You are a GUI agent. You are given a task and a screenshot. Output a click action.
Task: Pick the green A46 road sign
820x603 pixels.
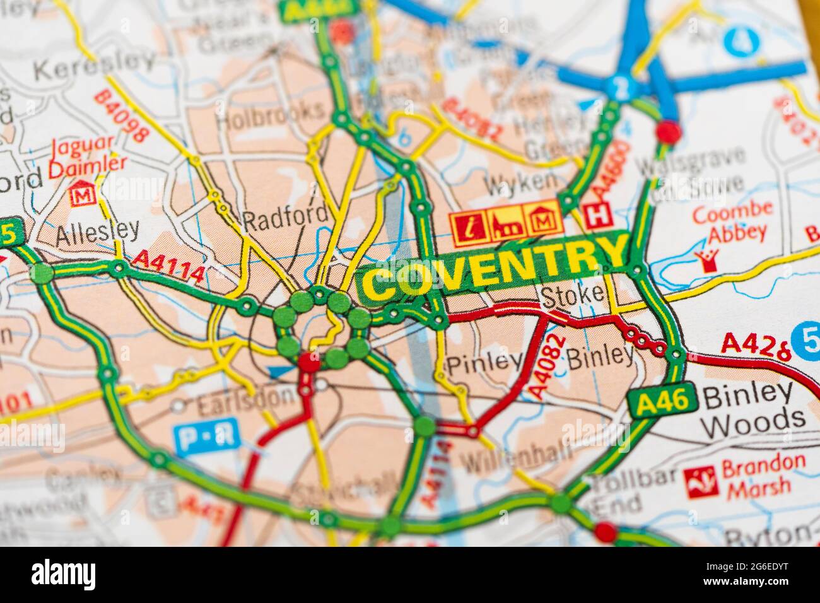[662, 400]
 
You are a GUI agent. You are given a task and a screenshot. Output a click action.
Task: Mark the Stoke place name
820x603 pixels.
[571, 295]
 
